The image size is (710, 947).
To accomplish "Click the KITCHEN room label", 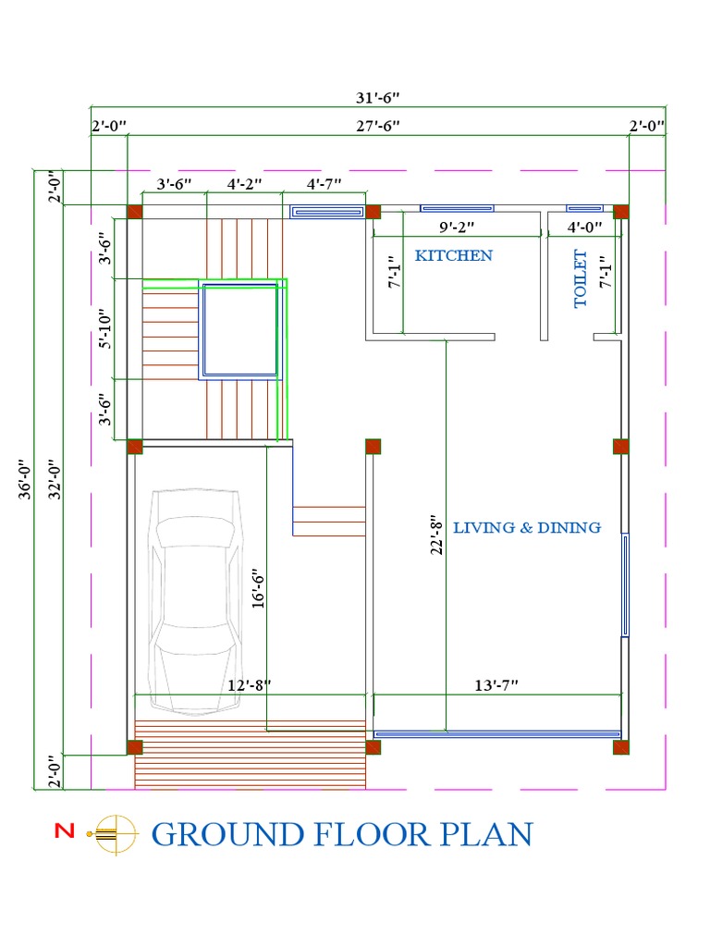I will coord(453,255).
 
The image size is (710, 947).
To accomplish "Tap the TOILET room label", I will coord(581,278).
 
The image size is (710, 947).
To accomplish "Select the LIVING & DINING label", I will coord(527,527).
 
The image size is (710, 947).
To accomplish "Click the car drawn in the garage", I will coord(196,601).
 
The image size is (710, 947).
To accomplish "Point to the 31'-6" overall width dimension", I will coord(378,96).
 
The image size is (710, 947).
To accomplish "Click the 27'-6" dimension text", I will coord(378,126).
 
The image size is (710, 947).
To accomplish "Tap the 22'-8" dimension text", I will coord(437,535).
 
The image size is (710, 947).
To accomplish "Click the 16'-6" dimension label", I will coord(258,588).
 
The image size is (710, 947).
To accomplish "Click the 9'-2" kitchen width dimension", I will coord(457,226).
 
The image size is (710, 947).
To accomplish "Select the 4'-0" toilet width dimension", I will coord(584,226).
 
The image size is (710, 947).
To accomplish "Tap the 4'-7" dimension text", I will coord(324,183).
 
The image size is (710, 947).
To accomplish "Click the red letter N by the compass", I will coord(64,831).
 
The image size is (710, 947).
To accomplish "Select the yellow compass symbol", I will coord(112,833).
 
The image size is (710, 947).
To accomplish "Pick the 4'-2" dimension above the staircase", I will coord(245,183).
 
